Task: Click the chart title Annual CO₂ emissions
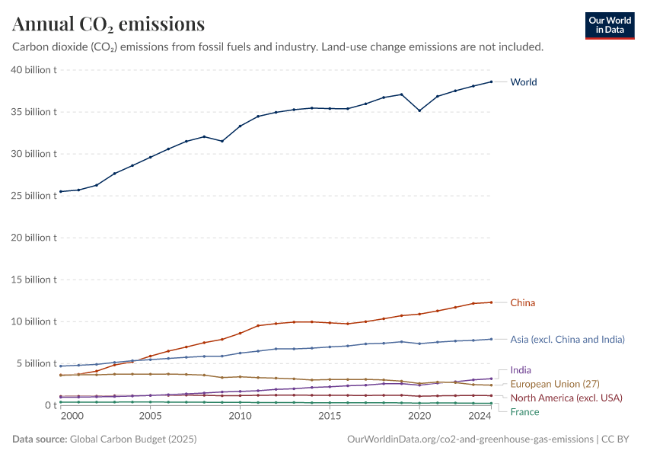point(108,24)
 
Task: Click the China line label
point(522,302)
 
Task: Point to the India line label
point(521,370)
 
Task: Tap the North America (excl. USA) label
point(566,398)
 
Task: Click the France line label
point(524,412)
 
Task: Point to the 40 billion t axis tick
point(33,70)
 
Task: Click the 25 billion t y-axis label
point(33,196)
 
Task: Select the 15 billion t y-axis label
point(33,280)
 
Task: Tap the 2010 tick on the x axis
point(240,417)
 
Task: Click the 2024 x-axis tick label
point(480,417)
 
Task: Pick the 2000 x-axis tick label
point(72,417)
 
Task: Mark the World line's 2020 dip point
point(419,110)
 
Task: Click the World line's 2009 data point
point(222,141)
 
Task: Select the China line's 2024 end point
point(491,302)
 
